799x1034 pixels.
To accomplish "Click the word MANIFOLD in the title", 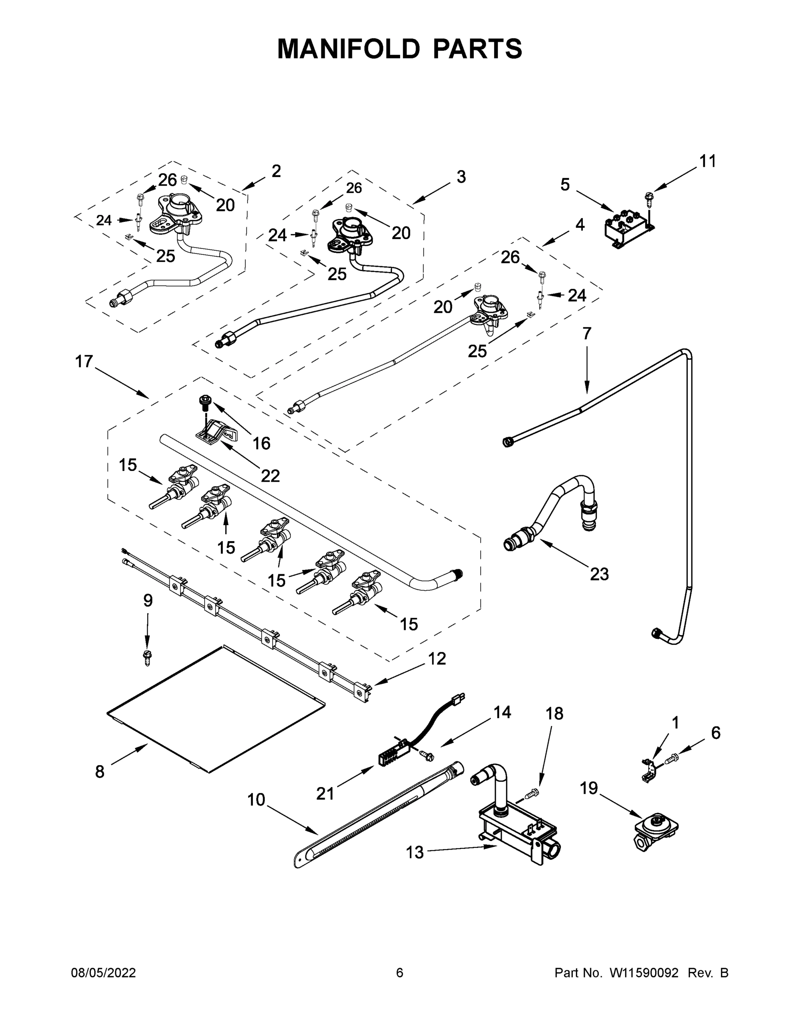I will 348,49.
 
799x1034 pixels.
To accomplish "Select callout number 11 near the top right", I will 708,162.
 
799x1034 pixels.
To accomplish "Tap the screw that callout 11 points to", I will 649,198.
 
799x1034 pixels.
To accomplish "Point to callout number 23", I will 599,574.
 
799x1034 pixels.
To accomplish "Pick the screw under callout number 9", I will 147,657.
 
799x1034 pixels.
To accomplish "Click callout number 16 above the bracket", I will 261,443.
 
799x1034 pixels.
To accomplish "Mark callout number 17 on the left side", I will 84,362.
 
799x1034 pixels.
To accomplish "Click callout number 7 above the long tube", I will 587,333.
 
